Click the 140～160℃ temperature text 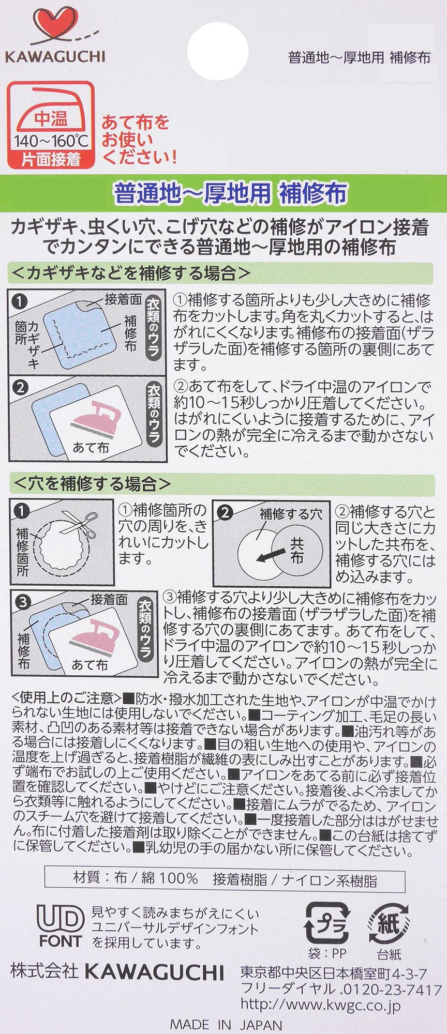tap(52, 141)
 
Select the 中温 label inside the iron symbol tap(51, 119)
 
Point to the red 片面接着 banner tap(52, 160)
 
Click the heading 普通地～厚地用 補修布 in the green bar tap(230, 194)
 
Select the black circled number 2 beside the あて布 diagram tap(20, 388)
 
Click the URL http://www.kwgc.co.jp tap(321, 1006)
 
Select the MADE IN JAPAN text tap(226, 1025)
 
